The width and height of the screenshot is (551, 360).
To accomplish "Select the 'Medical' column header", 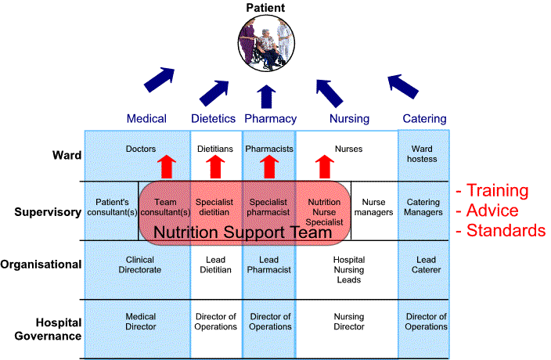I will (x=146, y=119).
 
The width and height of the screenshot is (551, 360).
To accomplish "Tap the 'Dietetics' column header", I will (x=213, y=119).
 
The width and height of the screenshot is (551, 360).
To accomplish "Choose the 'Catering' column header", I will (x=424, y=119).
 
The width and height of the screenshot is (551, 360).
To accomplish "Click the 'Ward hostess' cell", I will (x=422, y=153).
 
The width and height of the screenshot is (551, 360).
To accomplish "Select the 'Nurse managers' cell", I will (x=374, y=207).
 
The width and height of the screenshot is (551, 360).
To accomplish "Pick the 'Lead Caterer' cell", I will (x=427, y=265).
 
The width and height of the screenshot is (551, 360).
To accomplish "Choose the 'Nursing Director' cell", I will (x=349, y=322).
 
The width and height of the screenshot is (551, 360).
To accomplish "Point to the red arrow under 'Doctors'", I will (x=165, y=167).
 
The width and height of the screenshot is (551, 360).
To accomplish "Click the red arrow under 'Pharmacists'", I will (x=269, y=167).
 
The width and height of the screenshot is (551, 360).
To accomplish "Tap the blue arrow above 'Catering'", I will (x=406, y=86).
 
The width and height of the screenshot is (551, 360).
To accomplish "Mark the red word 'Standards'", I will (x=505, y=231).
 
